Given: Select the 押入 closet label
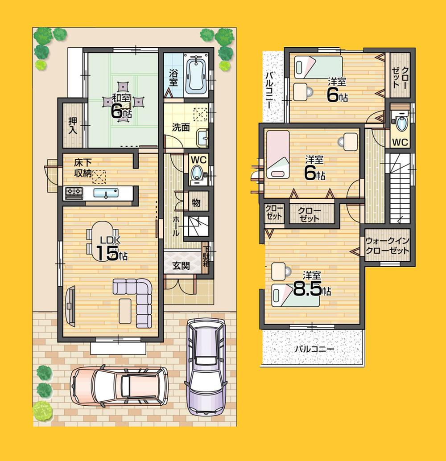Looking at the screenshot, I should coord(73,125).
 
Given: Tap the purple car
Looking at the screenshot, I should coord(205,366).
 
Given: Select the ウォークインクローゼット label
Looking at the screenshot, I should coord(387,246).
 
